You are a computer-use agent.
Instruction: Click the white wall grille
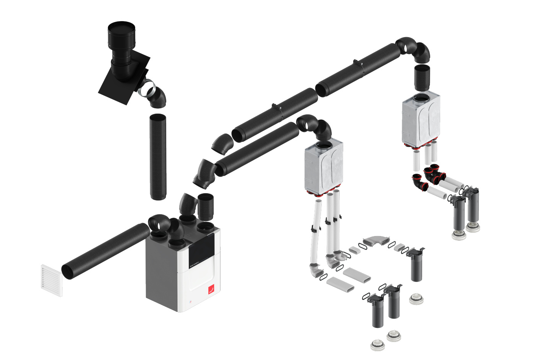coord(51,280)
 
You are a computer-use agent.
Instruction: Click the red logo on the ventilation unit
coord(211,290)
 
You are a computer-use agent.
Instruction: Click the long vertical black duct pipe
coord(158,157)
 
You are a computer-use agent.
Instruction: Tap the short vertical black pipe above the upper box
coord(422,77)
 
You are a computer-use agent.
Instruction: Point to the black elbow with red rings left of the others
coord(419,182)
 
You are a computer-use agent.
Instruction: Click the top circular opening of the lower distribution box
coord(324,145)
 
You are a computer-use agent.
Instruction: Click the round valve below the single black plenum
coord(416,298)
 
